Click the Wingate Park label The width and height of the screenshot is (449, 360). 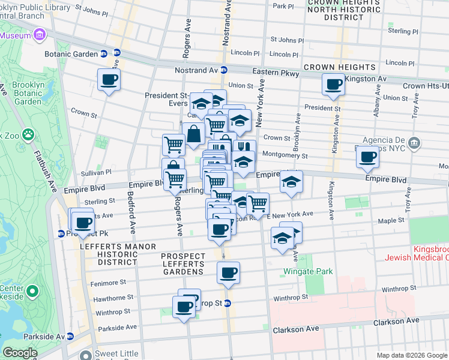308,271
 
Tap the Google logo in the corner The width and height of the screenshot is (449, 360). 20,353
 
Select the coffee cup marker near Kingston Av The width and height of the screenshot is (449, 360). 333,85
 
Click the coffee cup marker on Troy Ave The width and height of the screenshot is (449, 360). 367,158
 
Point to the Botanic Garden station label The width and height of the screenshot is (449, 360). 71,53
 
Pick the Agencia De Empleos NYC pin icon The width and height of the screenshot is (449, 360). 415,143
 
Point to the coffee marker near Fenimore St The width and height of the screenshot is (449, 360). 228,273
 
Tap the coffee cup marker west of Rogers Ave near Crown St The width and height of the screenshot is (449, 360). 109,80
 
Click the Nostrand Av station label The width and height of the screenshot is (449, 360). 197,70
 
